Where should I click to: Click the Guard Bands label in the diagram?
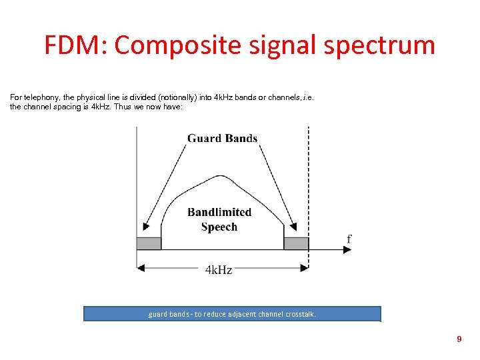[x=222, y=139]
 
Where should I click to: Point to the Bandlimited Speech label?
[x=219, y=219]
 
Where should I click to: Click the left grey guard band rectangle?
[x=149, y=243]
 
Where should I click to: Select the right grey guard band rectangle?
[x=296, y=243]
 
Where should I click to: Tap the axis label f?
[x=349, y=239]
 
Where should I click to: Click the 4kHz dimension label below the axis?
[x=219, y=270]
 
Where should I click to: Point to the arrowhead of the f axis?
[x=347, y=250]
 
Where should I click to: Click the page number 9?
[x=459, y=339]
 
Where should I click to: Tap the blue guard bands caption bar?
[x=232, y=314]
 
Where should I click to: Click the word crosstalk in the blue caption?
[x=301, y=314]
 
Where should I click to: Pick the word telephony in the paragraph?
[x=42, y=97]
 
